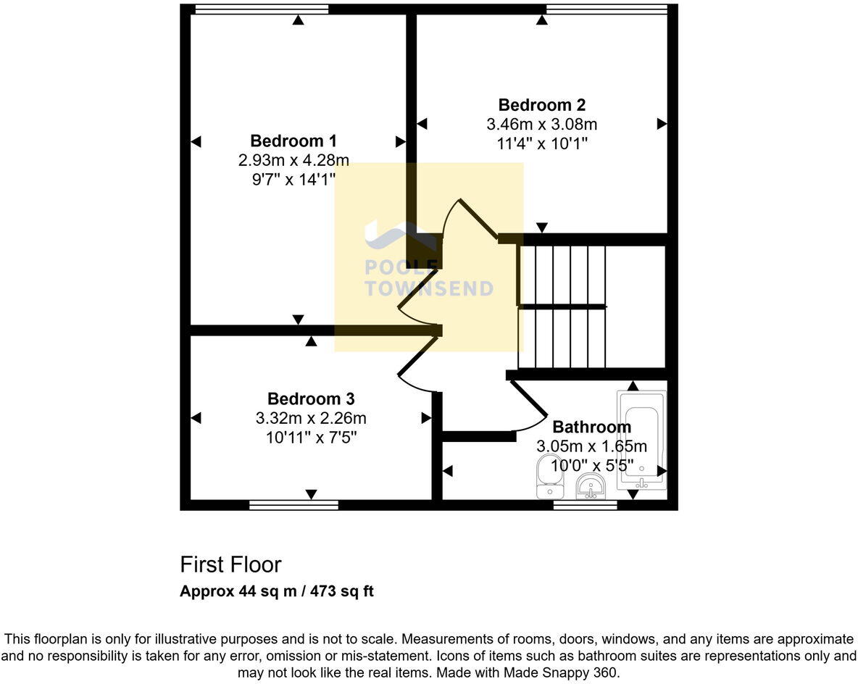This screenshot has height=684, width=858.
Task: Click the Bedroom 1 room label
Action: pos(293,141)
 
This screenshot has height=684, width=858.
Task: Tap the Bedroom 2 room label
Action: pos(541,105)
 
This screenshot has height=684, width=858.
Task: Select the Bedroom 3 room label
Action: pos(310,399)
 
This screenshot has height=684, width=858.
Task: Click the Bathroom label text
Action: pos(591,427)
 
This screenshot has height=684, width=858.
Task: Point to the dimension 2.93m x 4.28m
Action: pos(293,159)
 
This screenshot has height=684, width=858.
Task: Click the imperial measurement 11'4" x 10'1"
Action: pos(541,143)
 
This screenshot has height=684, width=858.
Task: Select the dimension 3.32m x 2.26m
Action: pos(310,418)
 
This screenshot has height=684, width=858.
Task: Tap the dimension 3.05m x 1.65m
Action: pos(591,446)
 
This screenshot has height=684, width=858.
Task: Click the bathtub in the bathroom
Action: pos(641,439)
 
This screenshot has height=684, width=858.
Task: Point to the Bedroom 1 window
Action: pos(262,9)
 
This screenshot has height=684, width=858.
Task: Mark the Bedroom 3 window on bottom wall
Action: pos(293,505)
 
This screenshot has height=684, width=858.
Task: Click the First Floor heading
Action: pos(230,564)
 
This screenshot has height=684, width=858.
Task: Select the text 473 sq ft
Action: pos(342,591)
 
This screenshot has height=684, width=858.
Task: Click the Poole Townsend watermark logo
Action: pos(428,261)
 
